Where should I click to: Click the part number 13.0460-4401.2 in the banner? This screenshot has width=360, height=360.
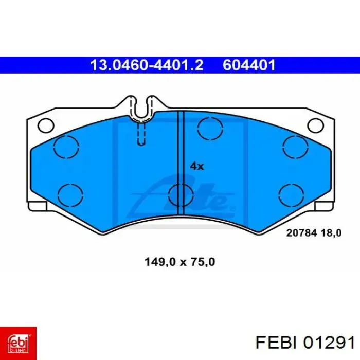click(147, 65)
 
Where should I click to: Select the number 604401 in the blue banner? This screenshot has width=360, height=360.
click(249, 65)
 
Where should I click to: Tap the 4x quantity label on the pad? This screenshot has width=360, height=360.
click(197, 166)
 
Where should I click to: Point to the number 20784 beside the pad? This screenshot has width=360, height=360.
click(301, 232)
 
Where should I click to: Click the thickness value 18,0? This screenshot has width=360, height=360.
click(331, 232)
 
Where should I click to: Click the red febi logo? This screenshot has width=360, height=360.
click(19, 340)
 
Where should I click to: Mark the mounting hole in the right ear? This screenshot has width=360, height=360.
click(314, 125)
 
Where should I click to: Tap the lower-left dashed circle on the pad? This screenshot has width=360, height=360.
click(70, 194)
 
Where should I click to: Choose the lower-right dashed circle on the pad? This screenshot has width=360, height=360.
click(291, 194)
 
